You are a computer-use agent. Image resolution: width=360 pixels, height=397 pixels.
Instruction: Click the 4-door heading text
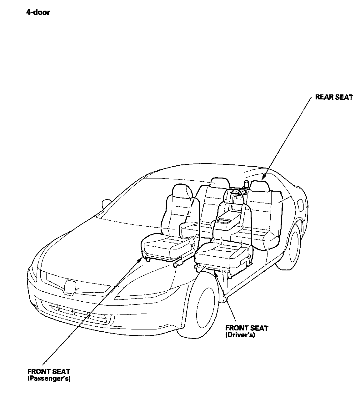38,13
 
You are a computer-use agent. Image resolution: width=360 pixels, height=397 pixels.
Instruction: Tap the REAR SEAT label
334,97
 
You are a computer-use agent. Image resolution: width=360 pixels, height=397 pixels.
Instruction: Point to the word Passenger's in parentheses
49,379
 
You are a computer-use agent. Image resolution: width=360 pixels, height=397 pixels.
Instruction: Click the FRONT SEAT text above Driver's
247,328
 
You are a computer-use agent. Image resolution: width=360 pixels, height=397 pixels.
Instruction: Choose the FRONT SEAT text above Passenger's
49,372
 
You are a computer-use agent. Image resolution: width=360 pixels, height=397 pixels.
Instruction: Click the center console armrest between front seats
227,221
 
